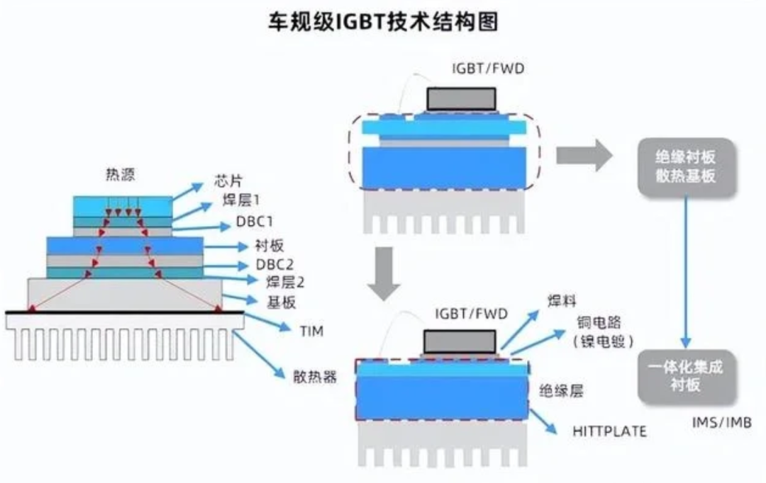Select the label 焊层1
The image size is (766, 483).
[238, 200]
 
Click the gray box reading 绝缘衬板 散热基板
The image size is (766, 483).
[685, 167]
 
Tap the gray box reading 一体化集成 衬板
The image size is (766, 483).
[685, 376]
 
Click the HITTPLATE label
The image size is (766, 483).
[609, 431]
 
